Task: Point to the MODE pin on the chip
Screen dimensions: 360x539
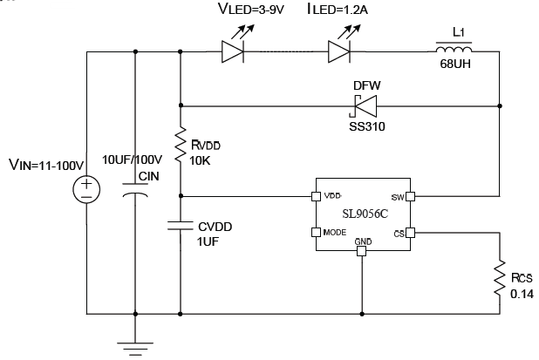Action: click(316, 233)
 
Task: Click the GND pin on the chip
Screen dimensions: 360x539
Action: click(361, 252)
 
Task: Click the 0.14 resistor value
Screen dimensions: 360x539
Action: click(521, 294)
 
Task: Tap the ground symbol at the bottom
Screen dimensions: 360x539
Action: click(134, 347)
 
